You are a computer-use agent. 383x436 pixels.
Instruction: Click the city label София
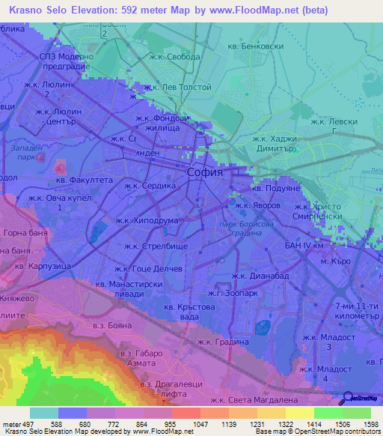[204, 172]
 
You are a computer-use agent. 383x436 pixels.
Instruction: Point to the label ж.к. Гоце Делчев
[147, 268]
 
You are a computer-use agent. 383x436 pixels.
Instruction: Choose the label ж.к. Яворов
[258, 205]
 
